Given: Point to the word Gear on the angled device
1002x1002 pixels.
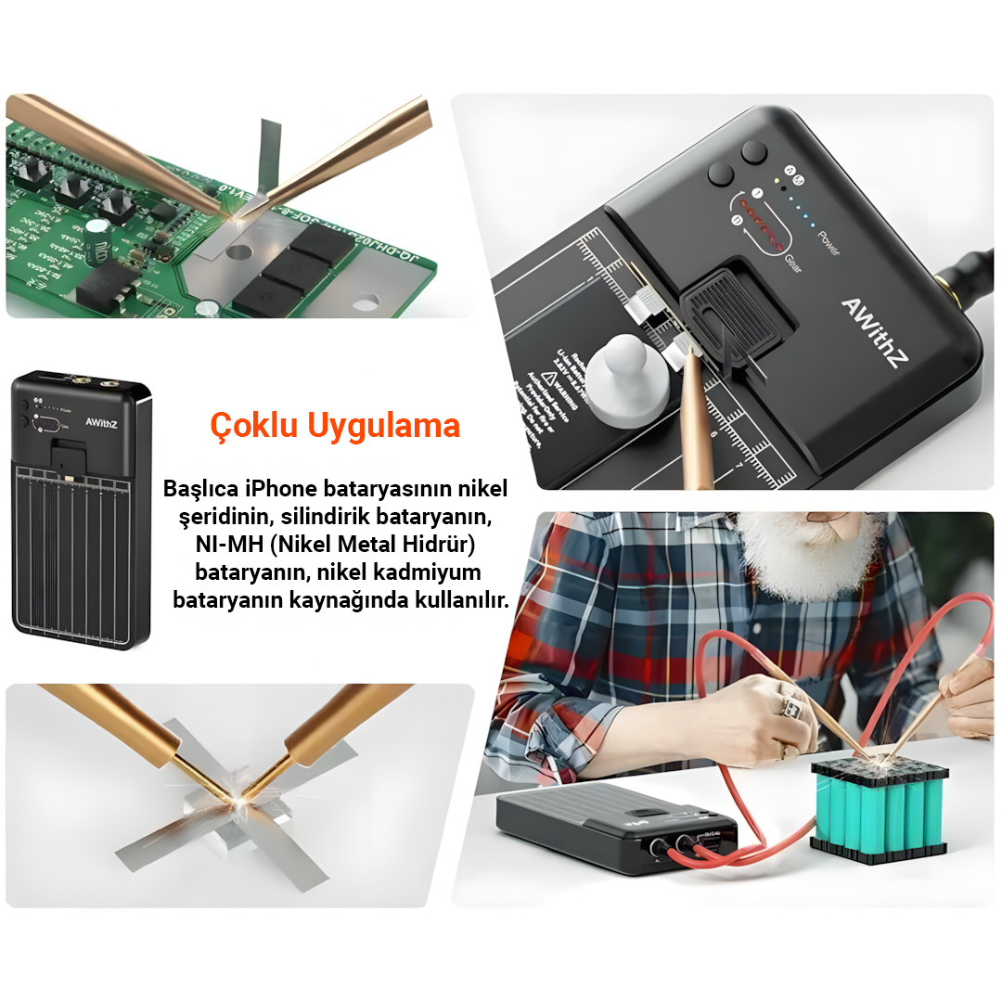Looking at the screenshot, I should point(794,265).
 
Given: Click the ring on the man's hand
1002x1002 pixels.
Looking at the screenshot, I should point(791,707).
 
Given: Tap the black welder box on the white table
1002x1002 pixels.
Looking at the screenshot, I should point(612,827).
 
